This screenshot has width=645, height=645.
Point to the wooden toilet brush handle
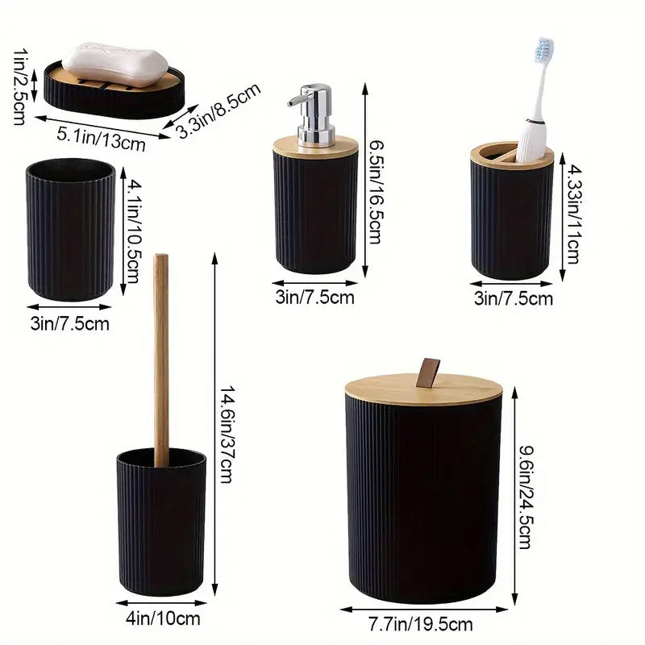pyautogui.click(x=161, y=355)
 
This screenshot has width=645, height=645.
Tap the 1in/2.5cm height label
pyautogui.click(x=18, y=82)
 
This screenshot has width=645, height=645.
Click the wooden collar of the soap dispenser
pyautogui.click(x=315, y=146)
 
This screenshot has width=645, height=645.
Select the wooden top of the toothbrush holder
pyautogui.click(x=511, y=153)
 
